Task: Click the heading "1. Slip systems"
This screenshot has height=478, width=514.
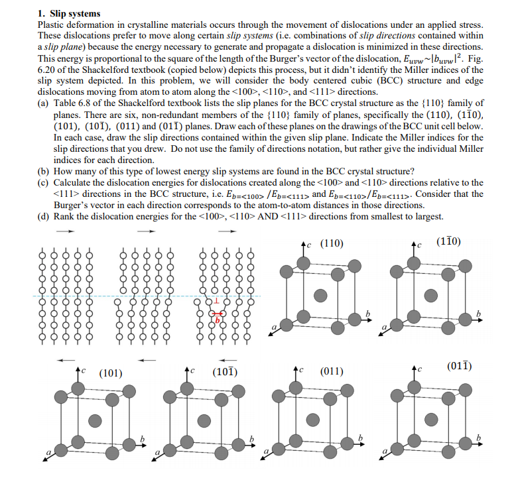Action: pos(69,13)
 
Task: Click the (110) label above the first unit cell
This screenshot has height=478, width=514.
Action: pos(332,243)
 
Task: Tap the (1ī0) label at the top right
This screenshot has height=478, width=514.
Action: pos(450,242)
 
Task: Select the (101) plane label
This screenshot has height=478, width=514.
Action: pos(110,373)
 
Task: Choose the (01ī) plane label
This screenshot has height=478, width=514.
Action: pos(459,365)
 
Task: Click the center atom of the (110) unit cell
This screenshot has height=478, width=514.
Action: pos(320,295)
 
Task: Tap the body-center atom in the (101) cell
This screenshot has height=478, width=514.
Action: pos(96,420)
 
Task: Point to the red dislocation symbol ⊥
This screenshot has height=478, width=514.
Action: pos(215,302)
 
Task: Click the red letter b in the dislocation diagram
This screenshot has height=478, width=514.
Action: pos(216,321)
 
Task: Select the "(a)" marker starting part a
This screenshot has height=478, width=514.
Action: pos(43,103)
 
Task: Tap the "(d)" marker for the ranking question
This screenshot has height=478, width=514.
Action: pos(43,216)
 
